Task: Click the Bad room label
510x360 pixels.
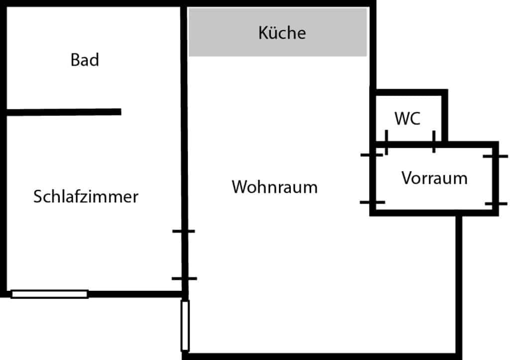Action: click(85, 60)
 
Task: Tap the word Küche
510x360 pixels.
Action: click(282, 33)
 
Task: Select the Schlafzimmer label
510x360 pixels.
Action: click(86, 196)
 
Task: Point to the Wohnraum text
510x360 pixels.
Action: click(274, 187)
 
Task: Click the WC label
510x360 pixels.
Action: click(407, 119)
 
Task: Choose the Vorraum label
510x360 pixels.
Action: click(434, 178)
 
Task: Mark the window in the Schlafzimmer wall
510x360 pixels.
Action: click(49, 294)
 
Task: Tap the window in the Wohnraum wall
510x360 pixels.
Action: click(185, 326)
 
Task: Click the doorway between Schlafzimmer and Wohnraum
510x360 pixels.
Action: click(184, 254)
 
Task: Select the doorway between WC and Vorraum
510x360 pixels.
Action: click(410, 144)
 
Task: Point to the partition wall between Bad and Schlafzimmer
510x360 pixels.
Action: click(64, 112)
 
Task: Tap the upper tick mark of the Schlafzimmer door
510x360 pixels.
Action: click(184, 231)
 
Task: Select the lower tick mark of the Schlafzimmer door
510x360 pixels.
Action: click(184, 278)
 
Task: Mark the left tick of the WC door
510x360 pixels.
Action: click(386, 142)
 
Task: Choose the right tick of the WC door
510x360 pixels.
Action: click(434, 142)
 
